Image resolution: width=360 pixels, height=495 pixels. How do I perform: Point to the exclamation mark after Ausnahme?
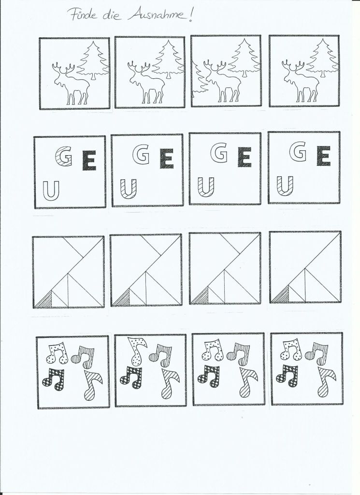click(x=190, y=15)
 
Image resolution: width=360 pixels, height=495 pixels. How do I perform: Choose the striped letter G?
click(x=63, y=157)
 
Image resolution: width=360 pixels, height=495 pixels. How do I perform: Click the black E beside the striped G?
click(x=89, y=161)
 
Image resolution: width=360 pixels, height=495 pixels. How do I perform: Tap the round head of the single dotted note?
click(x=137, y=360)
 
